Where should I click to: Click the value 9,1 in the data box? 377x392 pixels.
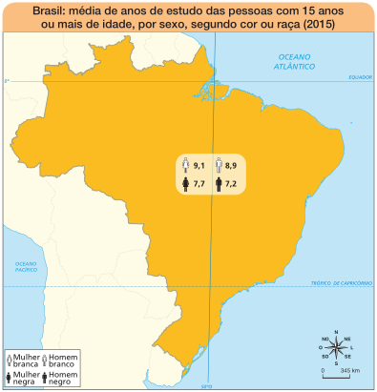click(199, 165)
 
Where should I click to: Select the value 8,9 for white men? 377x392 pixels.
click(231, 165)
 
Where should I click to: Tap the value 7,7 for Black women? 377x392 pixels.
click(199, 180)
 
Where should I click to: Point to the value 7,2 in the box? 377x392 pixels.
click(231, 180)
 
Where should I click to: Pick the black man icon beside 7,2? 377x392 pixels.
click(218, 180)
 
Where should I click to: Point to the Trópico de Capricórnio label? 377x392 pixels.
click(339, 282)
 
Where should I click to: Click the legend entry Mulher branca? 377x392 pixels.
click(25, 361)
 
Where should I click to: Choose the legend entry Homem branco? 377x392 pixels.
click(61, 361)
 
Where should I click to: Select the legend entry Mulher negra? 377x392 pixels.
click(25, 378)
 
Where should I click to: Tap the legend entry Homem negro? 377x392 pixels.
click(61, 378)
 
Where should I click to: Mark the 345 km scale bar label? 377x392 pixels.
click(348, 370)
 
